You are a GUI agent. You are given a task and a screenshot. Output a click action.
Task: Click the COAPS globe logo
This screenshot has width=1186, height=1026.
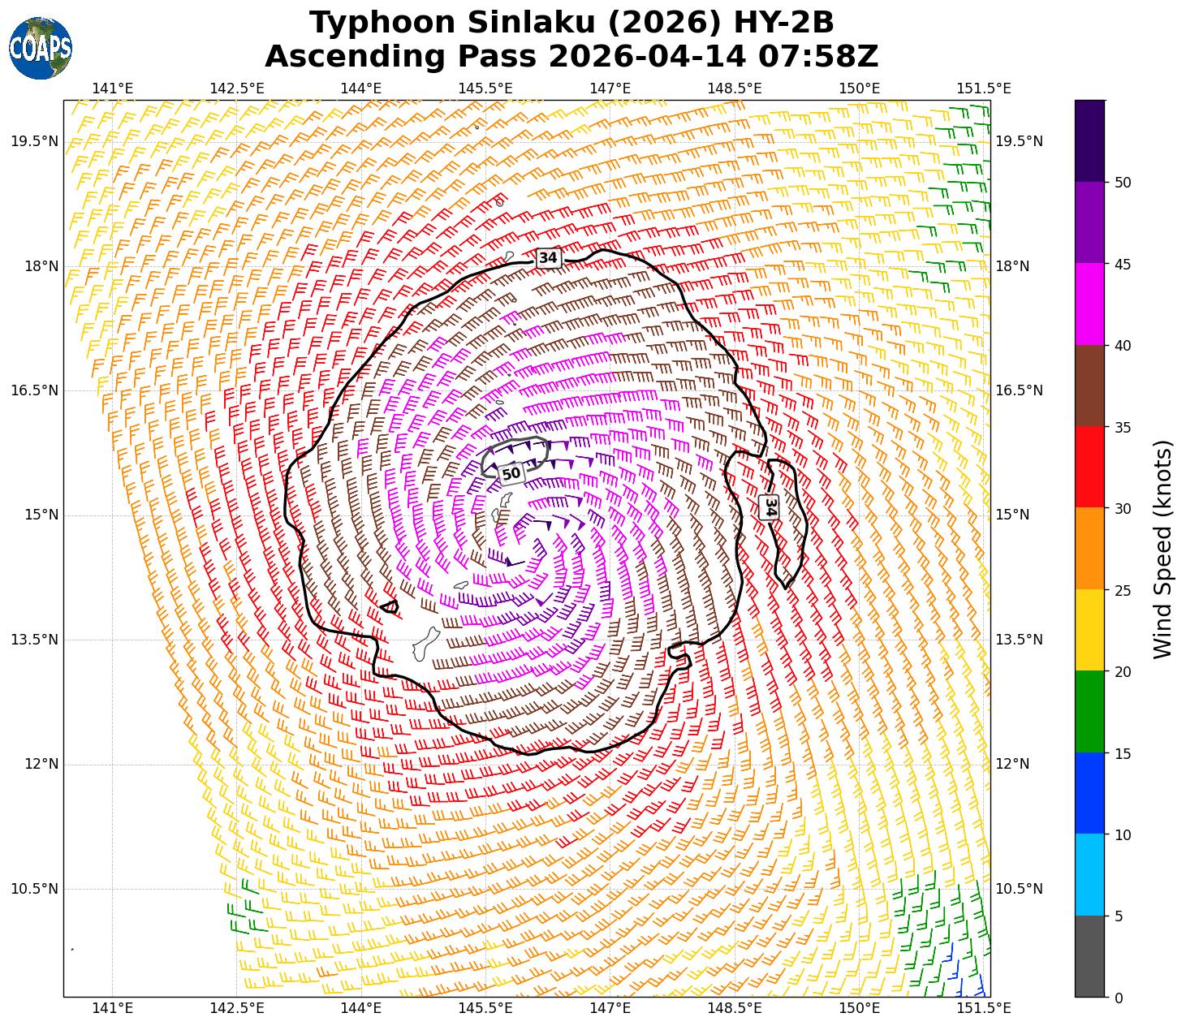coord(41,48)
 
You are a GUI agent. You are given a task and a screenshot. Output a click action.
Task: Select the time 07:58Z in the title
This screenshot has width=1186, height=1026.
coord(818,57)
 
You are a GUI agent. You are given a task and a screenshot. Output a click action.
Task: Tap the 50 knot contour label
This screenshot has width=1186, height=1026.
coord(511,473)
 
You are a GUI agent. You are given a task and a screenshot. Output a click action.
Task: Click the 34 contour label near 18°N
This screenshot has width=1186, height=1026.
coord(549,257)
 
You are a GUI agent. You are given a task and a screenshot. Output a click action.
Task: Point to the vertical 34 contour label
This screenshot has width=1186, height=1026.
coord(770,507)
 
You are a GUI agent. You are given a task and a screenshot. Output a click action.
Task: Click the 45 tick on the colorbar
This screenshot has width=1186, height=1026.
coord(1123,265)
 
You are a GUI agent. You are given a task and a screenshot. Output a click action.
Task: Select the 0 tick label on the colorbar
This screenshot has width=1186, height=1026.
coord(1119,998)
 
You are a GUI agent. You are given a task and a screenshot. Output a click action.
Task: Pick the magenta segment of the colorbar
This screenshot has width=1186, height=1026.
coord(1089,304)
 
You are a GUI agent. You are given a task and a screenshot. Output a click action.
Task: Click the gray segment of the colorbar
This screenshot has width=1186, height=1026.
coord(1089,956)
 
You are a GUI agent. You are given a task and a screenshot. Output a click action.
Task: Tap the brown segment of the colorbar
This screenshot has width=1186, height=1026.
coord(1089,386)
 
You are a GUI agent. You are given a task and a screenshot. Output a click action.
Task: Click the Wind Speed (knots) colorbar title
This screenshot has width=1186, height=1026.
coord(1163,549)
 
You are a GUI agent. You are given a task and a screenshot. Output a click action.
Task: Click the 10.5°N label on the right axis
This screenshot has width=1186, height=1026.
coord(1019,889)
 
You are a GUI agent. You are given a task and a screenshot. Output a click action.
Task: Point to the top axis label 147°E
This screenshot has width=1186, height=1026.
coord(610,88)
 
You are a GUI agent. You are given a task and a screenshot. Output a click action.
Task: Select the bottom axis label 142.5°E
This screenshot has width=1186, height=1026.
coord(236,1008)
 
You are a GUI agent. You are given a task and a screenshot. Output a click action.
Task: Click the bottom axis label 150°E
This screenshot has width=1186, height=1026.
coord(860,1008)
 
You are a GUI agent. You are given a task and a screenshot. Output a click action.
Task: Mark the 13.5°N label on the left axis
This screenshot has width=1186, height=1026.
coord(34,640)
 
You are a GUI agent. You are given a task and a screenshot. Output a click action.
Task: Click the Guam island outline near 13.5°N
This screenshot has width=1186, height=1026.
coord(425,644)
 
